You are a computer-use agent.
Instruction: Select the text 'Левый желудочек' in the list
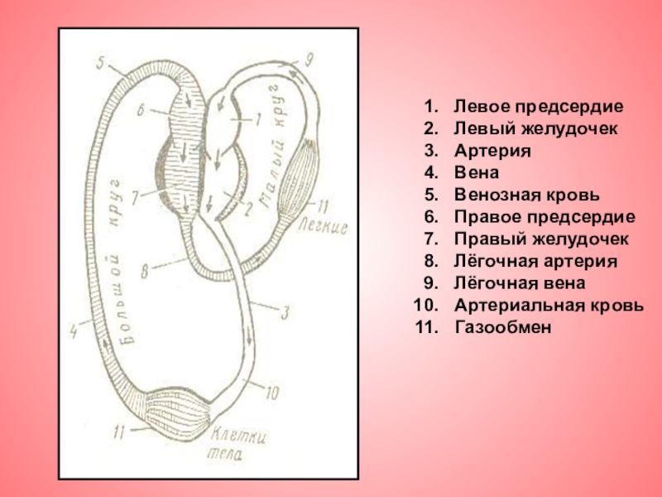pos(535,130)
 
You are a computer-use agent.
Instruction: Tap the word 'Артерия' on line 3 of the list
pos(492,152)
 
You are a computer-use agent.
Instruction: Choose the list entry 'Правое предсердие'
pos(544,218)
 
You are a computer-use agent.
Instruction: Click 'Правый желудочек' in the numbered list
pos(541,239)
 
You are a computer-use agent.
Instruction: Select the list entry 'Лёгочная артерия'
pos(535,262)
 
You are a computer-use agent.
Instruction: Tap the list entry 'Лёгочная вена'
pos(520,283)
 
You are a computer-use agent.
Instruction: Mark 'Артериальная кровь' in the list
pos(549,306)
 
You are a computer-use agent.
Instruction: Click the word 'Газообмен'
pos(502,327)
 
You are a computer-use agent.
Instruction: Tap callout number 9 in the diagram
pos(309,59)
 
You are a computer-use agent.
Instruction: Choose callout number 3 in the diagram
pos(284,312)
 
